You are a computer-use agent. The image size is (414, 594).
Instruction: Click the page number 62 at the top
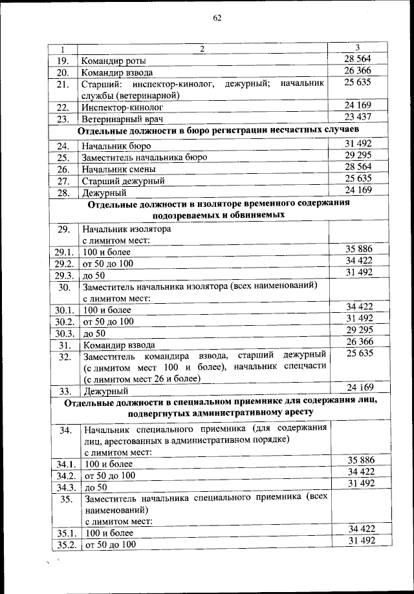217,18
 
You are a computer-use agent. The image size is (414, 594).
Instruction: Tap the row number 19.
63,61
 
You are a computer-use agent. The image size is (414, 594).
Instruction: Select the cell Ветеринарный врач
122,120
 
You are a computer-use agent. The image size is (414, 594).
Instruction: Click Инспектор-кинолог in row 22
122,107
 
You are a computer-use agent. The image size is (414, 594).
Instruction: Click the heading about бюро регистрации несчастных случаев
219,132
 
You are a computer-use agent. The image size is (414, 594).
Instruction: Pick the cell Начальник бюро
116,146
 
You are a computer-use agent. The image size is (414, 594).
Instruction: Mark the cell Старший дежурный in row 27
123,181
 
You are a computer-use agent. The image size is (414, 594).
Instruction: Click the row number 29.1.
63,251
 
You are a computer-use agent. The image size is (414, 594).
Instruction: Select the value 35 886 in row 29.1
360,248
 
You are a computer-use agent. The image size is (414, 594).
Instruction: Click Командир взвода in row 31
118,345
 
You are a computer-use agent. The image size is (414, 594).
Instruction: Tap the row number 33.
65,391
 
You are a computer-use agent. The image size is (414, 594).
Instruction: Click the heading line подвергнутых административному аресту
220,412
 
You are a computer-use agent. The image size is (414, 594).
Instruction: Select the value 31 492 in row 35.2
360,541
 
